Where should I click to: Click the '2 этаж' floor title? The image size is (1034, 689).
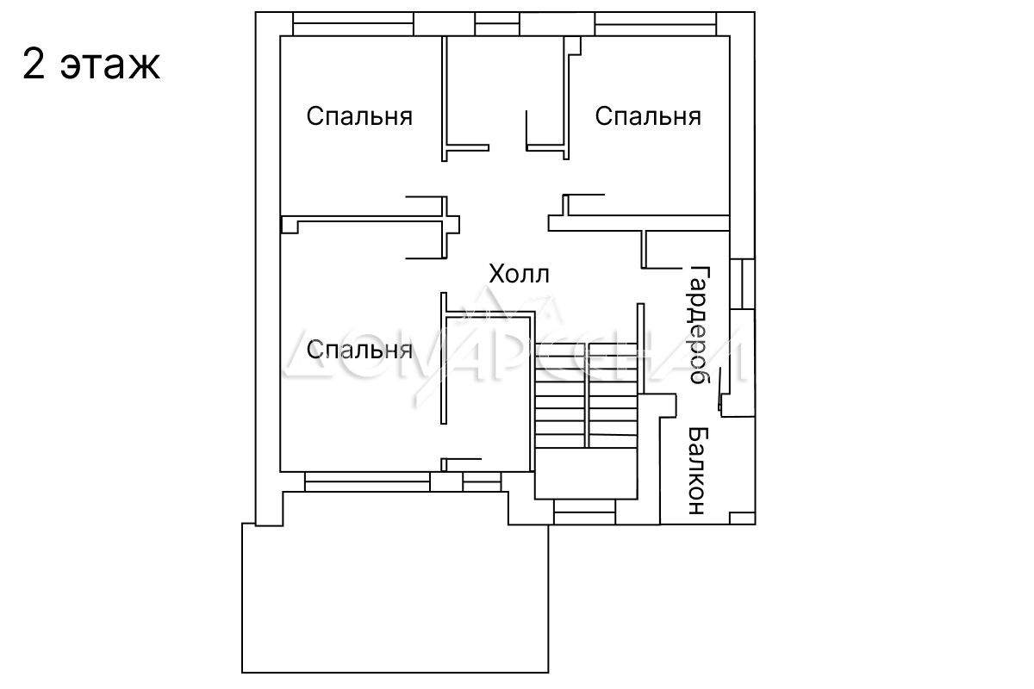91,65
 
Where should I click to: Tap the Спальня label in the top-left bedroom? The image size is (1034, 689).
359,116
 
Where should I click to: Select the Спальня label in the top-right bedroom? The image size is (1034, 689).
648,116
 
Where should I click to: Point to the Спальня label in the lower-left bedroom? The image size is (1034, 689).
359,350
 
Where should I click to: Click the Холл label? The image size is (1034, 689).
519,275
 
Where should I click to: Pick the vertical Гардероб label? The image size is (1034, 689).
700,325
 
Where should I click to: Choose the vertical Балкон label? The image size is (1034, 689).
697,471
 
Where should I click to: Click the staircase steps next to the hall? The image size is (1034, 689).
586,395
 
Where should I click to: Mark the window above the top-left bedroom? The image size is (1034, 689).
353,23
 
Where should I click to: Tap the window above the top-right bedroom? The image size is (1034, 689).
656,23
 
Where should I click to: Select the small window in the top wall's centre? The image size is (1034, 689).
497,23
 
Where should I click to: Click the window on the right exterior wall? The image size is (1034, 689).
742,284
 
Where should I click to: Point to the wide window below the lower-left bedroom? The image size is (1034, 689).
367,481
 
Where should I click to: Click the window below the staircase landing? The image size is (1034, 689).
584,512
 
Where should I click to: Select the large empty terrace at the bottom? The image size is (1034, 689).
396,598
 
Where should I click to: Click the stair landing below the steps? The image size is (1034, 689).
586,474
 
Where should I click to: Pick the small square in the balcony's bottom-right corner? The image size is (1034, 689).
742,518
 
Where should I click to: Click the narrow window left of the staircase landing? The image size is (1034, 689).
482,481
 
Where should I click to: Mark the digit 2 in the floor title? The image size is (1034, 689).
34,65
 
